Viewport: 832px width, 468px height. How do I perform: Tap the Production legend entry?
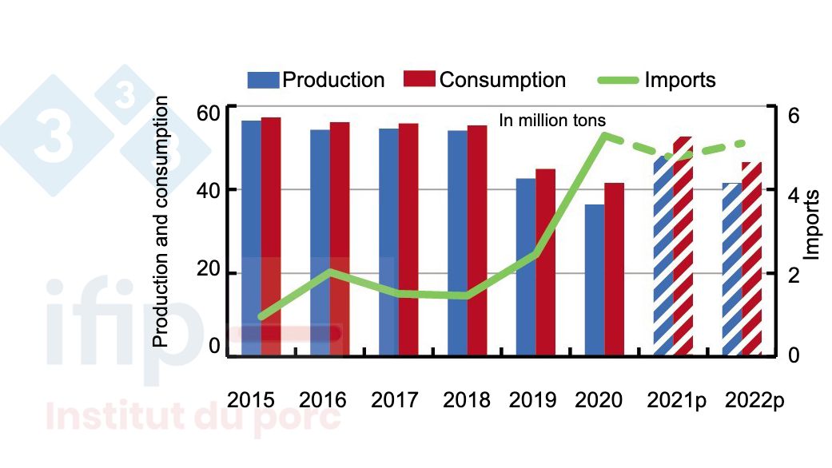click(316, 80)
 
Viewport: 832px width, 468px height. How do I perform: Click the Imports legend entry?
click(657, 80)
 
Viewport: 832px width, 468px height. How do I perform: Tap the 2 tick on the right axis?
click(793, 274)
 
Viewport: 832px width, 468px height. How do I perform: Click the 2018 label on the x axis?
click(465, 400)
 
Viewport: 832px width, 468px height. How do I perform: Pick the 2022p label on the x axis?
click(754, 400)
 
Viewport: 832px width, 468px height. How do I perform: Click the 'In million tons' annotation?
click(552, 121)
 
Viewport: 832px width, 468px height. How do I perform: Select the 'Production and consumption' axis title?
click(161, 221)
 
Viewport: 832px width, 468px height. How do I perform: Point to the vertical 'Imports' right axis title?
click(812, 224)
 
